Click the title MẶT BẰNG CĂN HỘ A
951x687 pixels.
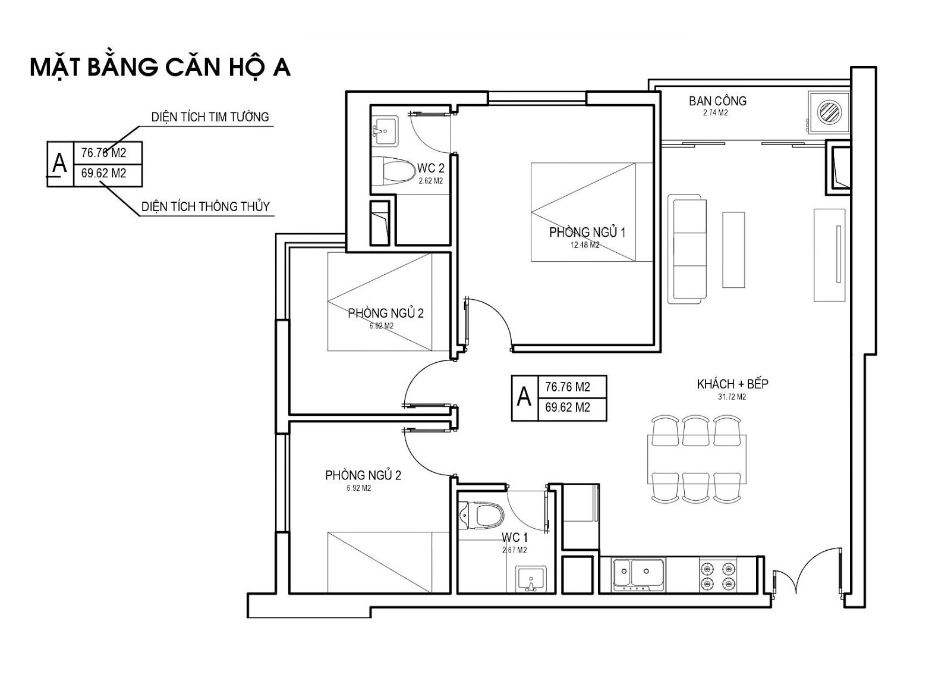point(160,68)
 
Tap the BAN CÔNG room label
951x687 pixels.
point(717,101)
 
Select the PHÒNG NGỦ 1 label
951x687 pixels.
point(587,232)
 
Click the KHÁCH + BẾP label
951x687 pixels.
point(732,384)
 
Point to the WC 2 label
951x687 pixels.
point(430,168)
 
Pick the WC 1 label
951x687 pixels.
point(514,538)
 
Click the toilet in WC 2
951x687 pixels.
point(394,172)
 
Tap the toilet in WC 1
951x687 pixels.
point(482,516)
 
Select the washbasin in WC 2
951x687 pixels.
point(385,131)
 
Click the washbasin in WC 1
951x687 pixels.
point(531,579)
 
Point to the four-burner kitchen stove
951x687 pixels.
point(717,576)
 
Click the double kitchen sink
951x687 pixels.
point(638,575)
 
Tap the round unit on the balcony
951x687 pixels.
point(829,112)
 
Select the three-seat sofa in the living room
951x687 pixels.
point(687,249)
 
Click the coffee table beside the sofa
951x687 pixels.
point(733,250)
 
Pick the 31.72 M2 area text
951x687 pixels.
point(732,397)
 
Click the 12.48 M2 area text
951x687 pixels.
point(585,244)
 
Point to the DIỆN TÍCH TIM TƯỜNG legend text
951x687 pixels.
point(210,117)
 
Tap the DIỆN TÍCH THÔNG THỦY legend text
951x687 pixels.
point(206,206)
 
